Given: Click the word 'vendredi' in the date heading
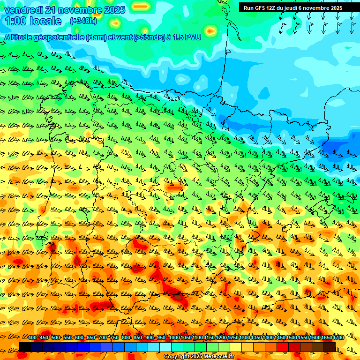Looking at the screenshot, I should click(22, 10).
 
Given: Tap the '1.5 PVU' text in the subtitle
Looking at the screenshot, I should click(185, 37).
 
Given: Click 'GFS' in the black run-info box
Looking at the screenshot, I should click(261, 8).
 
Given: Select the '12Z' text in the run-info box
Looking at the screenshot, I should click(275, 8).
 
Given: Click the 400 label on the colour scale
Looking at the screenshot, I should click(32, 337).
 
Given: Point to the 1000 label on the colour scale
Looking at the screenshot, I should click(174, 337).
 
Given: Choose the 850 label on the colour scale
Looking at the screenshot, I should click(138, 337).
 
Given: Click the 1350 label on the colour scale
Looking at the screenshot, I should click(256, 337).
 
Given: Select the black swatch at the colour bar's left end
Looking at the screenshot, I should click(25, 347).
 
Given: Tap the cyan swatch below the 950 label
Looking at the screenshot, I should click(165, 347).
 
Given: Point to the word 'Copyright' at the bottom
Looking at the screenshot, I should click(176, 357).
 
